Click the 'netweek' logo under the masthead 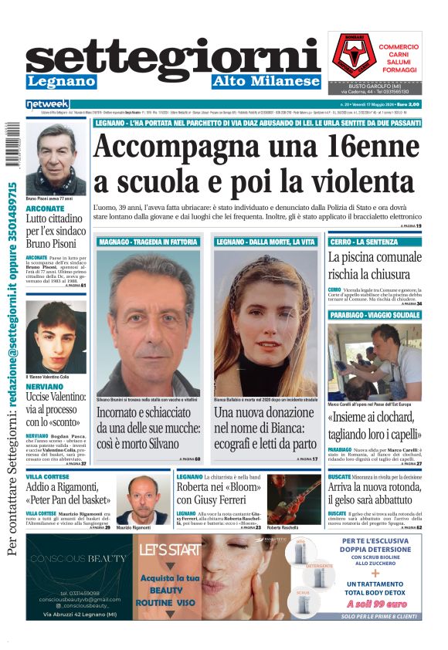tap(47, 104)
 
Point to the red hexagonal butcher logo tap(351, 55)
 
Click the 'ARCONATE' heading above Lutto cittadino tap(45, 208)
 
